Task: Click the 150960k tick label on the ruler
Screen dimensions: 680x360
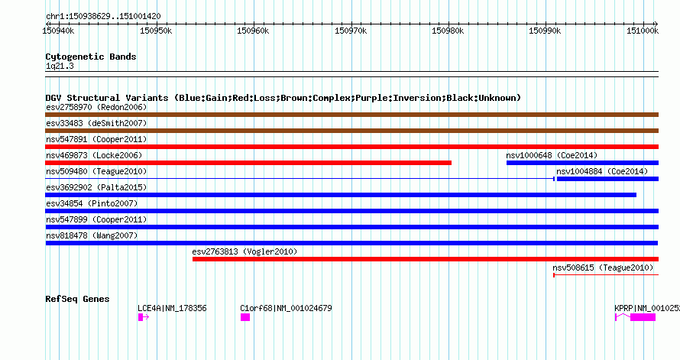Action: click(x=253, y=31)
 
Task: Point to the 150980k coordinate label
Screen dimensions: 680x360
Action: click(x=448, y=31)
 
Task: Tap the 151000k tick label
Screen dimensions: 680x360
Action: click(x=643, y=31)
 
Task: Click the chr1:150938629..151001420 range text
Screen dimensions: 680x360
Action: click(x=103, y=17)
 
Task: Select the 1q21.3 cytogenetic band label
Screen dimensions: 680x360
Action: click(x=60, y=66)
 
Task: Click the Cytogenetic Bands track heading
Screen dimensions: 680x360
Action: click(x=91, y=57)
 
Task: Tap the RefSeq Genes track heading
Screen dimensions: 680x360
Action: click(x=77, y=299)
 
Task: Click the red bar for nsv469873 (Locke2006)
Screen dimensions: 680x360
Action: click(x=248, y=163)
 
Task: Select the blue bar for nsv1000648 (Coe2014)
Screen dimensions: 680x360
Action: click(x=582, y=163)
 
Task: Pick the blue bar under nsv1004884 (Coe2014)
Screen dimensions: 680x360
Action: click(x=607, y=179)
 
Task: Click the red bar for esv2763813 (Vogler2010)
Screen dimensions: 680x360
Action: click(x=426, y=259)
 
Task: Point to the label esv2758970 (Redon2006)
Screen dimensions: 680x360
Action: click(x=96, y=107)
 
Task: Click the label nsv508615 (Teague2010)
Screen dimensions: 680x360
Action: click(x=603, y=268)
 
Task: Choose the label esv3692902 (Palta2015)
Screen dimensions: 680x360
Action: click(x=96, y=187)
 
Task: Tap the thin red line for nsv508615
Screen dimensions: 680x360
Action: click(x=607, y=275)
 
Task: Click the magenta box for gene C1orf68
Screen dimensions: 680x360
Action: click(x=245, y=317)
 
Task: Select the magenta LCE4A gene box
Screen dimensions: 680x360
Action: click(x=141, y=317)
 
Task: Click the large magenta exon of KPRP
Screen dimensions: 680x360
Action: click(x=643, y=317)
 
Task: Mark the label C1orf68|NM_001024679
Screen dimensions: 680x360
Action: click(x=286, y=308)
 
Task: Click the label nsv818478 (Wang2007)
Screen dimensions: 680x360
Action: click(x=92, y=235)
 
